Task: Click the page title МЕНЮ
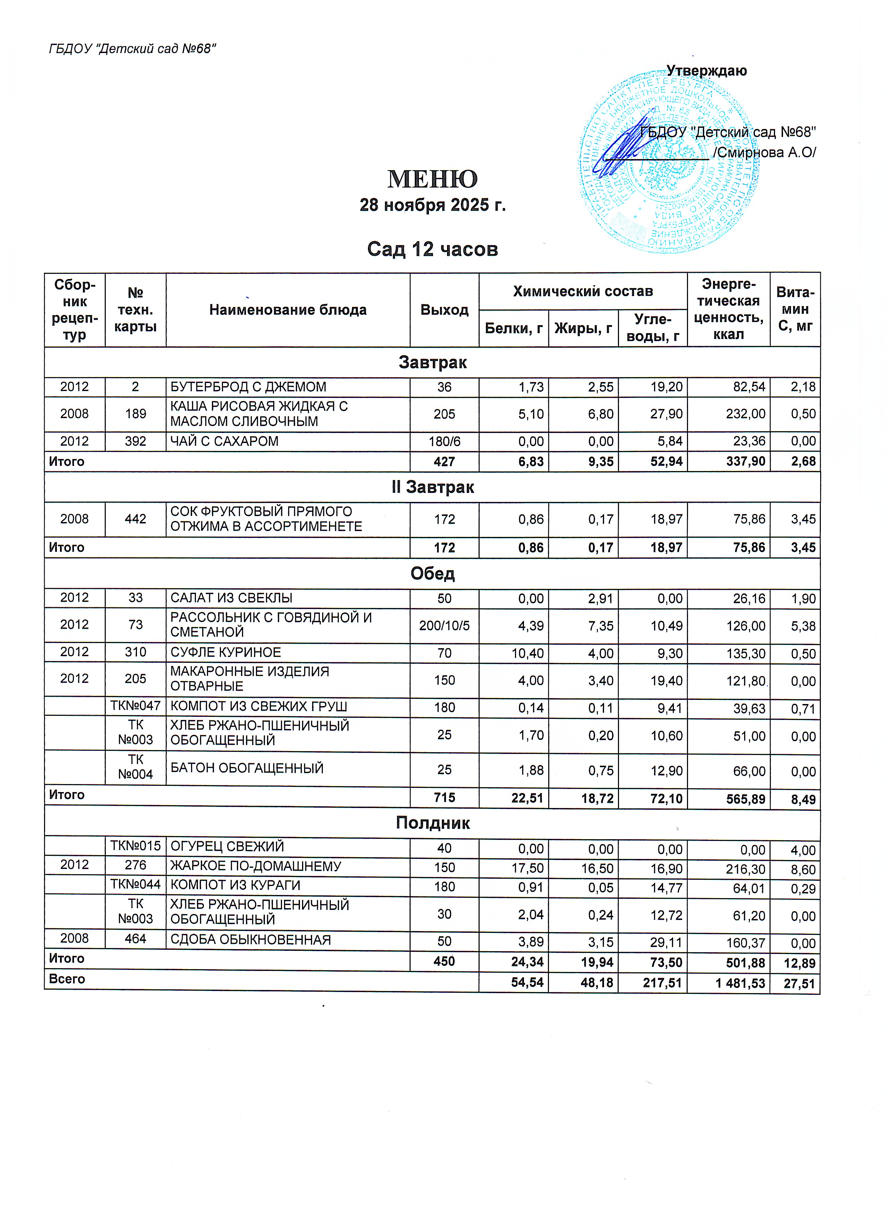pos(432,179)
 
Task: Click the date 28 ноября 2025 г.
pos(432,205)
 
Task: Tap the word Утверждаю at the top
pos(706,71)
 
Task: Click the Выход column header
pos(444,310)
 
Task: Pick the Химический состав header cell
pos(583,292)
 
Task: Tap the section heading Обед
pos(432,574)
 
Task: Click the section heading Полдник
pos(432,823)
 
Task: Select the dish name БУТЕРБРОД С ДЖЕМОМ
pos(248,386)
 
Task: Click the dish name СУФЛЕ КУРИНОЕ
pos(226,652)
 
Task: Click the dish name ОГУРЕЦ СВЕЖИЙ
pos(227,846)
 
